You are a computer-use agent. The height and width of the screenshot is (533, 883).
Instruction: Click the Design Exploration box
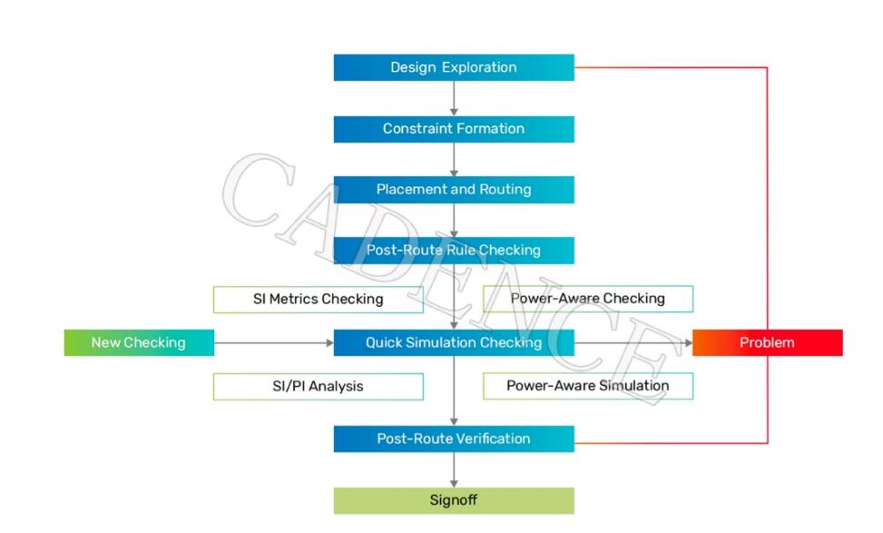[454, 68]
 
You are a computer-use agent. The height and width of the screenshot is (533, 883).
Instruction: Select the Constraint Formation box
[454, 129]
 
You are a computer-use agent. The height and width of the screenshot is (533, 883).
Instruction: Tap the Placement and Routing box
[454, 190]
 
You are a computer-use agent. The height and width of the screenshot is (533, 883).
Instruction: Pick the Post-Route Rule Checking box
[454, 251]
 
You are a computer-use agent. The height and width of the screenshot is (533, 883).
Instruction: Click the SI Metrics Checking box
[318, 300]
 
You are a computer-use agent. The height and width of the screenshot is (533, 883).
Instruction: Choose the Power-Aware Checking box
[587, 299]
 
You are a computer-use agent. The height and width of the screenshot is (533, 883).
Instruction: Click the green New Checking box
[138, 342]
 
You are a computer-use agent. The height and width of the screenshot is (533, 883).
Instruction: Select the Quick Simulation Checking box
[454, 342]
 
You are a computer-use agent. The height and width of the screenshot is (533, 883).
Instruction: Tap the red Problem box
[767, 342]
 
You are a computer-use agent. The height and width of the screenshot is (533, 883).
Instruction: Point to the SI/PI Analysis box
[318, 387]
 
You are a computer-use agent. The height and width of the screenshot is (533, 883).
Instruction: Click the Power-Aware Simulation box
[587, 386]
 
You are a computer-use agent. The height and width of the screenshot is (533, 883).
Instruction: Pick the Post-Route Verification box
[454, 439]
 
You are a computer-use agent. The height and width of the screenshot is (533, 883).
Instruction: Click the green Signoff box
[454, 500]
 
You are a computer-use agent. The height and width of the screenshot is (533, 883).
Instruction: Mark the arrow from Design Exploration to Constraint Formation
[454, 98]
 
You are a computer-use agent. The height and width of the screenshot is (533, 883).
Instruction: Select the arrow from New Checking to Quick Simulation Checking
[273, 342]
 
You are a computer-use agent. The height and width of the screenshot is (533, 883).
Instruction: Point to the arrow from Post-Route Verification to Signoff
[454, 469]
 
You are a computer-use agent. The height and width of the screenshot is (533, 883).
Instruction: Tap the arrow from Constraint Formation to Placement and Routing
[454, 159]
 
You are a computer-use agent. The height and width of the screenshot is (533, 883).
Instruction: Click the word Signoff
[454, 500]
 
